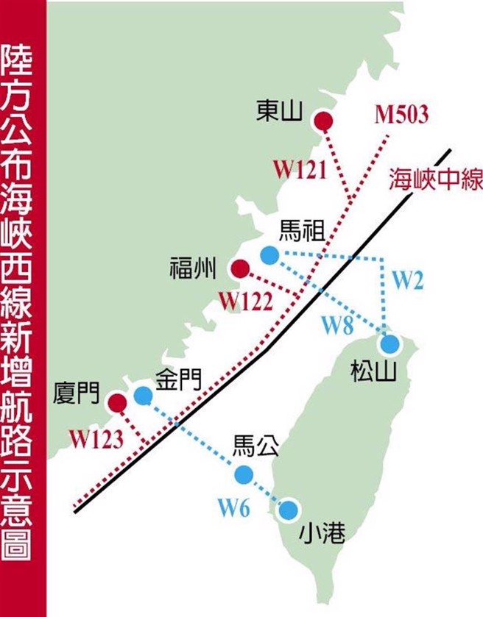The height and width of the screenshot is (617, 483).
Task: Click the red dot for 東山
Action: click(322, 121)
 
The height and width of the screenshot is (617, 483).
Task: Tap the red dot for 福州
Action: click(240, 268)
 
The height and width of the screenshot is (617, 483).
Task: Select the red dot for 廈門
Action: click(116, 402)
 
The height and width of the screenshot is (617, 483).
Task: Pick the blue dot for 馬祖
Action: click(269, 255)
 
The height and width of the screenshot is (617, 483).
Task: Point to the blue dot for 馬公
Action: click(243, 474)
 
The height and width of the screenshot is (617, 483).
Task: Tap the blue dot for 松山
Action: click(389, 343)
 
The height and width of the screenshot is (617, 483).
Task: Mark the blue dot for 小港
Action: click(288, 509)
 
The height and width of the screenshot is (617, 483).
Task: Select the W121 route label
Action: click(300, 170)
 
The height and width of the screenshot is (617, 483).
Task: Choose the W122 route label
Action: click(246, 301)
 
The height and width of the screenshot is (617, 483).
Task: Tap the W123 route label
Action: click(96, 438)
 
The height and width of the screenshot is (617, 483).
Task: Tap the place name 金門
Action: click(177, 380)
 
